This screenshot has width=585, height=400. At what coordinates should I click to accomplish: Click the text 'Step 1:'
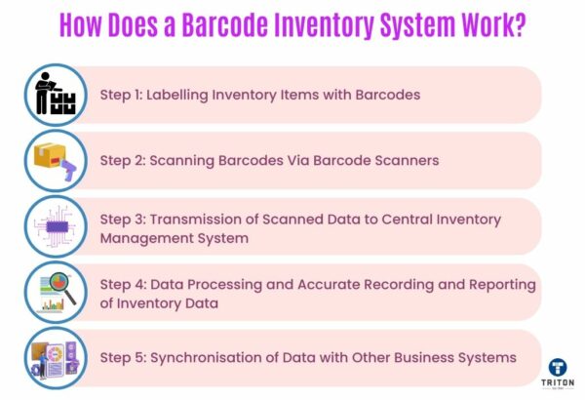pyautogui.click(x=124, y=96)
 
